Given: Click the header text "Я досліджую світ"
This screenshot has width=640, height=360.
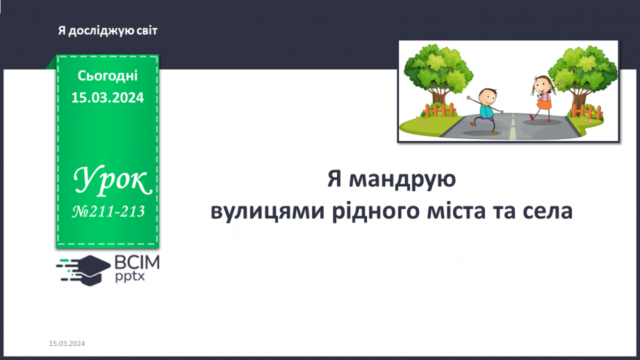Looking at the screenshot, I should pos(108,31).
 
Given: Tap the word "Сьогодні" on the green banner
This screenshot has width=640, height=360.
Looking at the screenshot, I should pos(107,76).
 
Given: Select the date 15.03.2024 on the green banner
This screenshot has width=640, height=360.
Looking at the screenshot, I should pos(107,98).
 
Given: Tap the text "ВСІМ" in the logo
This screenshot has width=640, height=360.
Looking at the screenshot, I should pos(137,262).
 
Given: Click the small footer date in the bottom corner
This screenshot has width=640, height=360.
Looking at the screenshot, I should pos(67,344).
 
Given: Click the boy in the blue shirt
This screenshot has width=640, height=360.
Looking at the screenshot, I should pos(487,108).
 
